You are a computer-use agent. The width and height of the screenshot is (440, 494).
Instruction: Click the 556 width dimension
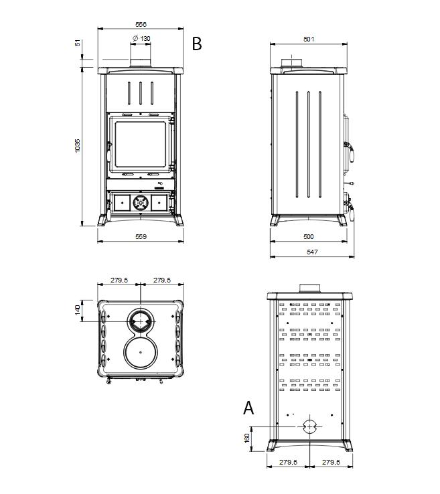click(141, 24)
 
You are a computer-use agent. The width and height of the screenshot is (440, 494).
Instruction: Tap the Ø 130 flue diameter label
click(141, 38)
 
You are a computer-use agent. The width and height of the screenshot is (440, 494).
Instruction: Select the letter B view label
click(197, 44)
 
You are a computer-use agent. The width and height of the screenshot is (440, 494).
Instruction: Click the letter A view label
click(248, 408)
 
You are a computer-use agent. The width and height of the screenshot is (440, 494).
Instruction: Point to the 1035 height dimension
click(78, 146)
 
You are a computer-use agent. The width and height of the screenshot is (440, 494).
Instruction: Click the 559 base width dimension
click(141, 236)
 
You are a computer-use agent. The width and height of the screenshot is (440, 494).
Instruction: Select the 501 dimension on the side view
click(309, 39)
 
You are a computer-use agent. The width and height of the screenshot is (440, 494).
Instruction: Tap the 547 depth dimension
click(312, 252)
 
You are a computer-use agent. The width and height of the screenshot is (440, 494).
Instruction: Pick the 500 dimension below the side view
click(309, 236)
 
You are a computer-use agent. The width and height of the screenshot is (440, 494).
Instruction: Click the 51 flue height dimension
click(78, 43)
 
